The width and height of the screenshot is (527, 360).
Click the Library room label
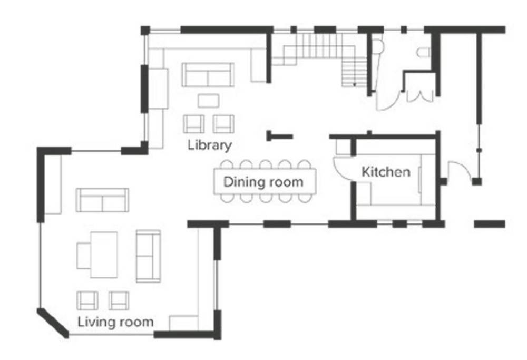(x=210, y=145)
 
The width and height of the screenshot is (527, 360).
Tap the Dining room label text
(x=263, y=182)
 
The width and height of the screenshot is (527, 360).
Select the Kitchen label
(x=386, y=172)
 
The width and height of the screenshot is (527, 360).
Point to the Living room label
(x=115, y=322)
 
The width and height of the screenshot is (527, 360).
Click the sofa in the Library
(x=208, y=75)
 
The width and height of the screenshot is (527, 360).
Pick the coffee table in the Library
(x=208, y=101)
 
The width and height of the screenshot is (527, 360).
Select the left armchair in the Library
(x=193, y=124)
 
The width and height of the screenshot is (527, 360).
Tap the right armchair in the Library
(x=223, y=124)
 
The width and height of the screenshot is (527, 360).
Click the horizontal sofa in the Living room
(x=102, y=200)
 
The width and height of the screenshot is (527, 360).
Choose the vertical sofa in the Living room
(x=148, y=256)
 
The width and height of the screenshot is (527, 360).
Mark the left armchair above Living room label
(x=87, y=300)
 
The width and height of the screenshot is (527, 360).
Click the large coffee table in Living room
(x=104, y=255)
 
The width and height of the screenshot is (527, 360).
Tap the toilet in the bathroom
(x=424, y=52)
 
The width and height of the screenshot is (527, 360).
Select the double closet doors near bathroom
(x=420, y=96)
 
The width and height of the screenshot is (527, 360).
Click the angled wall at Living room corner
(x=53, y=323)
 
